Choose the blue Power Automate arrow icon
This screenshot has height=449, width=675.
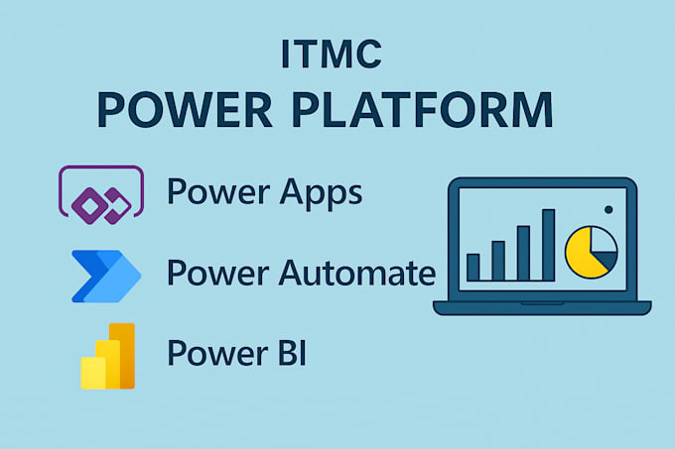(x=105, y=275)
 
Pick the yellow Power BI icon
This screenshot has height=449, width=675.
(x=107, y=356)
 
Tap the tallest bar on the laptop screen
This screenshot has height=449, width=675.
(x=548, y=245)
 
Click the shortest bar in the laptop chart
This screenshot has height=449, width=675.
(x=473, y=267)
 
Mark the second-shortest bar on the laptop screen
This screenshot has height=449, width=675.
(x=498, y=261)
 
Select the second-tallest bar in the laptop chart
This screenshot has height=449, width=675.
(x=523, y=253)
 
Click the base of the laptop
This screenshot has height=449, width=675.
(x=542, y=307)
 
